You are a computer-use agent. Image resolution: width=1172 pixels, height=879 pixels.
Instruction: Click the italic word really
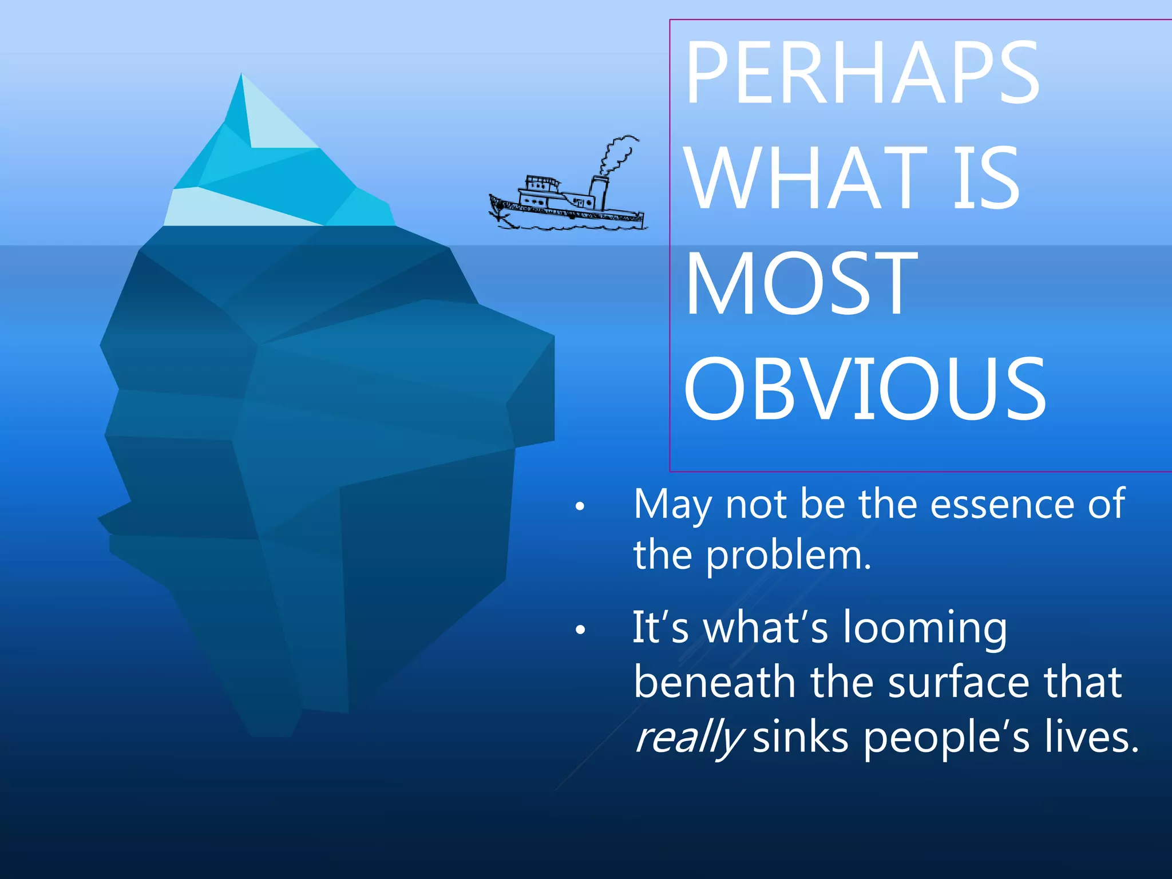click(689, 738)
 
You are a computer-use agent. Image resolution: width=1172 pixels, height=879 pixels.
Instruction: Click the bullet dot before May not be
click(580, 506)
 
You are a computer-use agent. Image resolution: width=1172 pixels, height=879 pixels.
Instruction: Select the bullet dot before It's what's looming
click(580, 631)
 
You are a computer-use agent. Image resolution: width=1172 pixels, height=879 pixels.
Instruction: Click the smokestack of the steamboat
click(599, 192)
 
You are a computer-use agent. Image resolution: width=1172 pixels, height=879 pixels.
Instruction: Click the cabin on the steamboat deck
click(541, 189)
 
